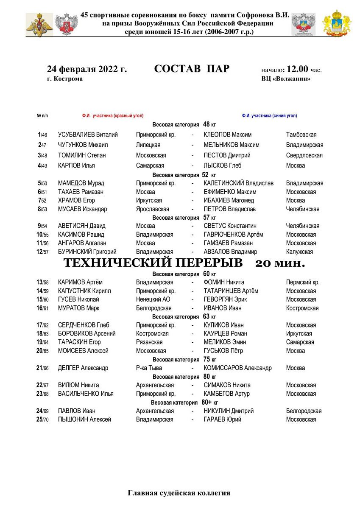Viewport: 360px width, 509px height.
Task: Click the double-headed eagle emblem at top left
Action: pyautogui.click(x=39, y=25)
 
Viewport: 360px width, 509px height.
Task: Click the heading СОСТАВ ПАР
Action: pyautogui.click(x=192, y=69)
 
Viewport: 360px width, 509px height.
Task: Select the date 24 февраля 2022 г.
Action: pyautogui.click(x=87, y=69)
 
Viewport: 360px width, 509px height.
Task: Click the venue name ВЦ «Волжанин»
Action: pyautogui.click(x=286, y=79)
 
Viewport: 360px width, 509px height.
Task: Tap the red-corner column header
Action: pyautogui.click(x=113, y=115)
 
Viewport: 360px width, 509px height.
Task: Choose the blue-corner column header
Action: pyautogui.click(x=269, y=115)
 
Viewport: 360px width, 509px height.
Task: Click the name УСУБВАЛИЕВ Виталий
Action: pyautogui.click(x=88, y=135)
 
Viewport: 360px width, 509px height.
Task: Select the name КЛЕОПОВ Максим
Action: pyautogui.click(x=228, y=135)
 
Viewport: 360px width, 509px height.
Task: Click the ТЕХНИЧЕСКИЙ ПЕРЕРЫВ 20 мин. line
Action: pyautogui.click(x=184, y=263)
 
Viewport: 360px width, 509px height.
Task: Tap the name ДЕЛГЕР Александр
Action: pyautogui.click(x=83, y=368)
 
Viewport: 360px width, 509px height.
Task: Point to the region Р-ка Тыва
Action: pyautogui.click(x=149, y=368)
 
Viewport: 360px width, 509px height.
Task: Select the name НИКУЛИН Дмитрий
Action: pyautogui.click(x=229, y=411)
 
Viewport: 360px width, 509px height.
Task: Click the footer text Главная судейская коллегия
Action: pyautogui.click(x=179, y=493)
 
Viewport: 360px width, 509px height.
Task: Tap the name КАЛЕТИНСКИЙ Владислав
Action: pyautogui.click(x=239, y=183)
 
